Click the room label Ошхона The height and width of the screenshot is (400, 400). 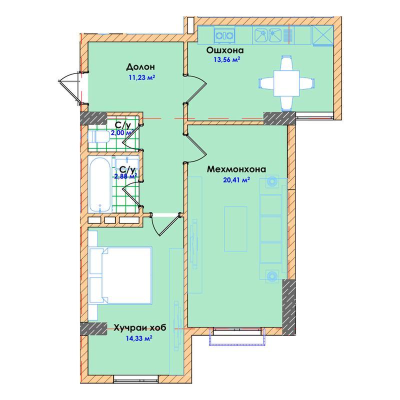coord(224,50)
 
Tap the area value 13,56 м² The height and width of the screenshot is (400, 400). coord(227,60)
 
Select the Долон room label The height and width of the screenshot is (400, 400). coord(140,67)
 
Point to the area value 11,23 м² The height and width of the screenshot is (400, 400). coord(142,77)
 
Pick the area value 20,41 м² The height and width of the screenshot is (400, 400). coord(236,180)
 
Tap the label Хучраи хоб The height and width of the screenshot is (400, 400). coord(140,327)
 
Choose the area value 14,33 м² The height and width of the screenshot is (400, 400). coord(139,338)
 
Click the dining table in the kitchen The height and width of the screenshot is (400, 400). coord(286,83)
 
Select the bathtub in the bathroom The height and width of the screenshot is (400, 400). coord(99,184)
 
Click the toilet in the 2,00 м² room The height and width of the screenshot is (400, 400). coord(98,136)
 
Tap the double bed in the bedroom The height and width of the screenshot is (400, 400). coord(120,275)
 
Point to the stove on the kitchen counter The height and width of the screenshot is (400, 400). coord(224,35)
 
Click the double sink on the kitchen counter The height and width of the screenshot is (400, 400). coord(267,35)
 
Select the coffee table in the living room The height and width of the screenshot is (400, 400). coord(235,229)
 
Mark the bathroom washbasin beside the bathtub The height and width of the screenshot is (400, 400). coord(127,163)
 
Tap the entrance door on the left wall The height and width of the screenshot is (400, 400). coord(69,88)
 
